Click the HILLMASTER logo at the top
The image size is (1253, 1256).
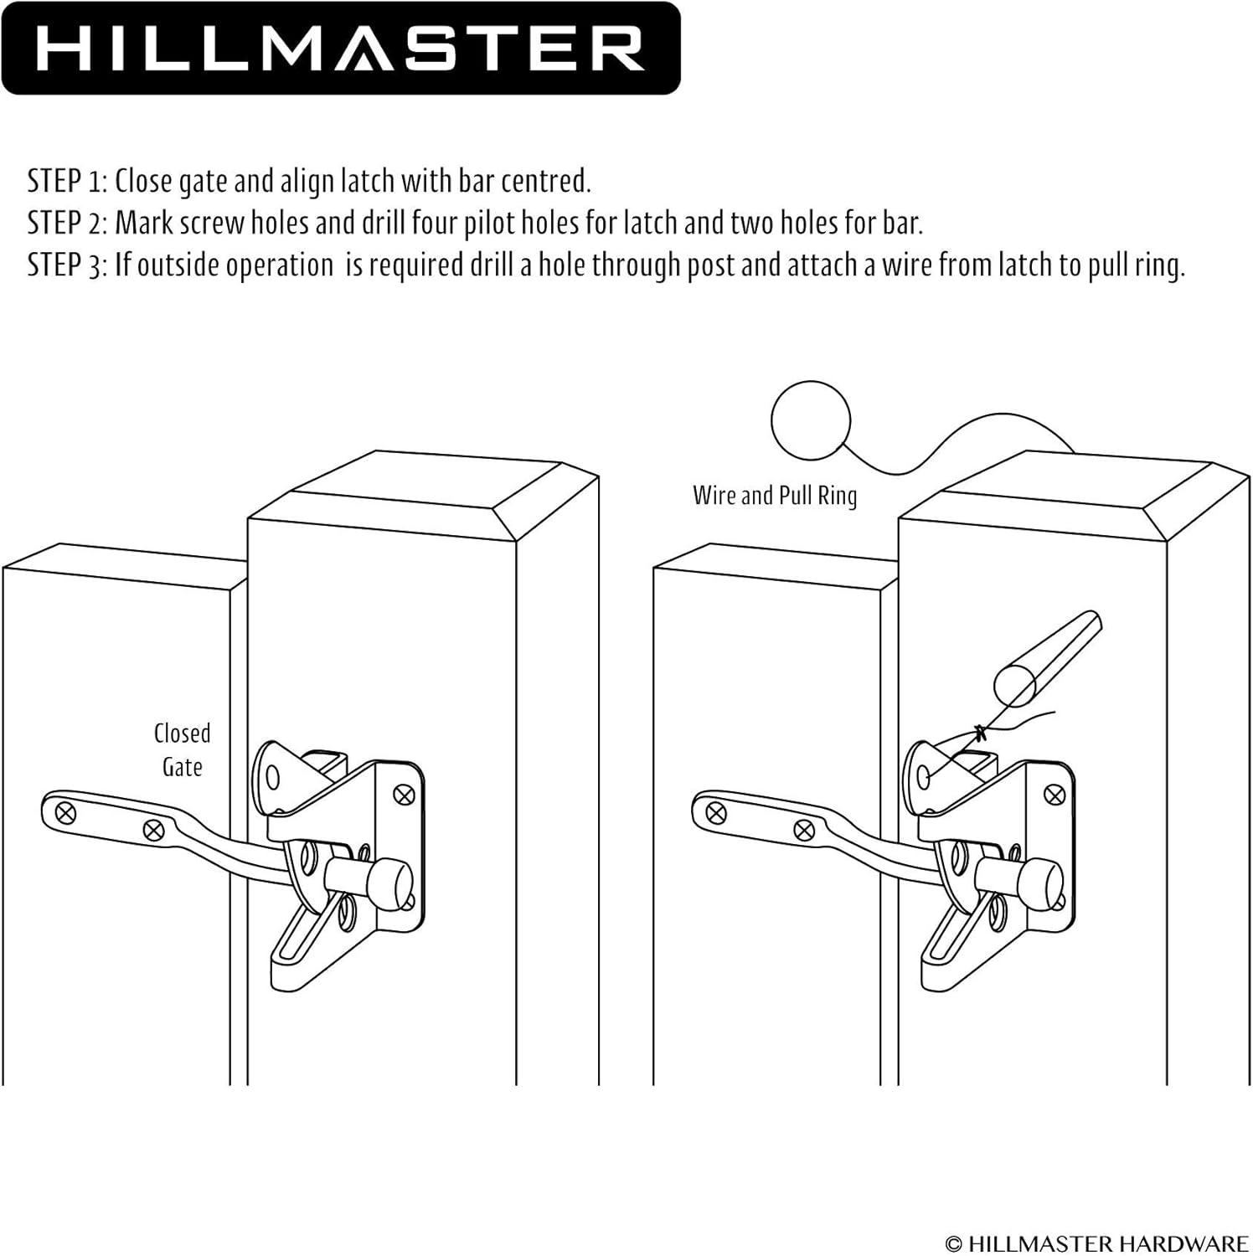tap(340, 48)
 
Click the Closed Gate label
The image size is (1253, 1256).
tap(183, 750)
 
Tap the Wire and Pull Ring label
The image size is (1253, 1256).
tap(775, 496)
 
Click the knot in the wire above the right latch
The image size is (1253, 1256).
tap(981, 734)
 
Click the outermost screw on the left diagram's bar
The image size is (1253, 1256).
tap(64, 811)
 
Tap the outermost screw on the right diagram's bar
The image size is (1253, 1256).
tap(716, 811)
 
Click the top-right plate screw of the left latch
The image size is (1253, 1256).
tap(405, 793)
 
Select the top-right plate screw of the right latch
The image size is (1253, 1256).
tap(1056, 793)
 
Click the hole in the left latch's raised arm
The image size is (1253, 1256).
tap(272, 779)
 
